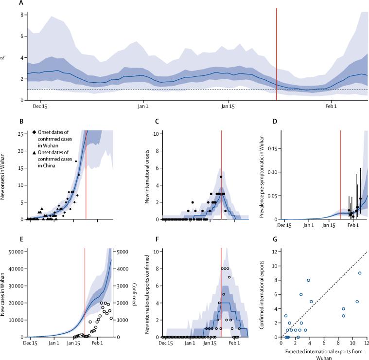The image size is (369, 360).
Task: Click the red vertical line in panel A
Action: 276,54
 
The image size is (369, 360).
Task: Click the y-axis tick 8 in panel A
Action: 21,15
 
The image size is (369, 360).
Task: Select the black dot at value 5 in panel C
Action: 221,177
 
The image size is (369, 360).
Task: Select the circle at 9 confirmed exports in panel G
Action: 359,273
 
